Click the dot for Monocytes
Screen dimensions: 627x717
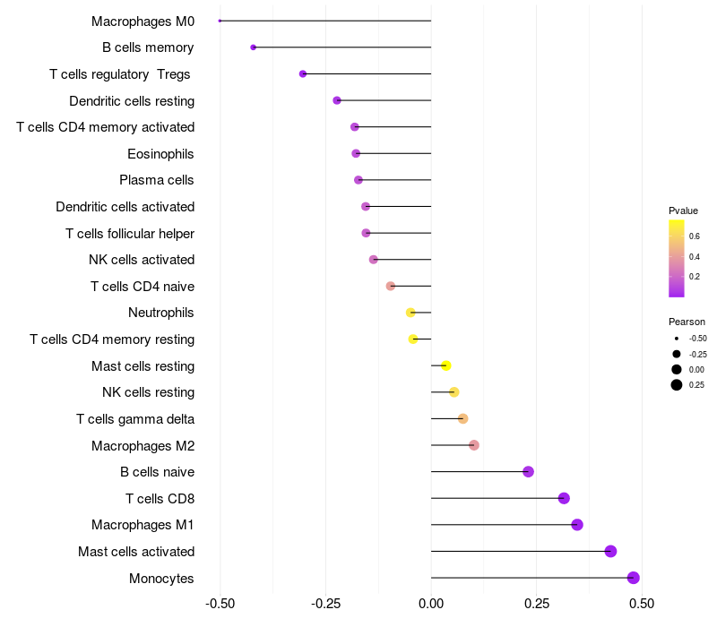coord(634,578)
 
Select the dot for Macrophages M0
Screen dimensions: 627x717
coord(220,21)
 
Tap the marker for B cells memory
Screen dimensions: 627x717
coord(254,47)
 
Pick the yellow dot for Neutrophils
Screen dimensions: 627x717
coord(410,313)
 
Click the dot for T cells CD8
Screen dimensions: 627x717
coord(564,499)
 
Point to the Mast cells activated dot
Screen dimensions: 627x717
coord(610,552)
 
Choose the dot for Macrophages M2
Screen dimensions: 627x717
coord(474,445)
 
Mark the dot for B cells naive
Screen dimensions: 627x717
coord(528,472)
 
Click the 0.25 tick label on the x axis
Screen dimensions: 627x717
coord(537,605)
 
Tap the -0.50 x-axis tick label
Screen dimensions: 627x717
coord(220,605)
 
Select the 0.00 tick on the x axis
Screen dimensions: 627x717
coord(431,605)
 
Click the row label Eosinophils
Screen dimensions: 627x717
coord(160,154)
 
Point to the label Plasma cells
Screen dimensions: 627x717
coord(157,180)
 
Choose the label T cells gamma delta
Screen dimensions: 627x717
coord(135,419)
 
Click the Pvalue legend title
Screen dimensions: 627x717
coord(683,210)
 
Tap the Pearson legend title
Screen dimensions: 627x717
coord(687,322)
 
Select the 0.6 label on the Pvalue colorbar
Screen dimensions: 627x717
coord(695,236)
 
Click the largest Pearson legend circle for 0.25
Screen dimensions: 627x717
coord(677,385)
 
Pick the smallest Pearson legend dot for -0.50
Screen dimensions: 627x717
coord(677,339)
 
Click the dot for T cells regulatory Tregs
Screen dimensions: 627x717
coord(303,73)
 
